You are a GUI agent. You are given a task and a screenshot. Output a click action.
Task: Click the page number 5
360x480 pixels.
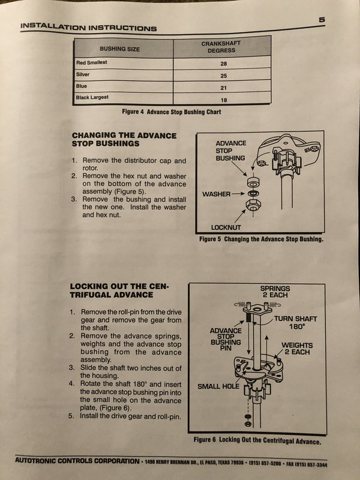(x=322, y=20)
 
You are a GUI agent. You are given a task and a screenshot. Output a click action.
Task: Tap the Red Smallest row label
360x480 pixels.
(x=92, y=62)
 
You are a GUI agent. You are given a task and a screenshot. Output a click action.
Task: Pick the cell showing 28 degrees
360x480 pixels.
(x=223, y=64)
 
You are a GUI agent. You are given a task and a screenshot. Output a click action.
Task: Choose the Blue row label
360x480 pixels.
(x=82, y=86)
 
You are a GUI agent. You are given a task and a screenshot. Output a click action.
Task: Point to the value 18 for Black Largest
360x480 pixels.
(x=223, y=99)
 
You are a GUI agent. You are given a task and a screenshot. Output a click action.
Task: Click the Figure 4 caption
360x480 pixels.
(x=171, y=112)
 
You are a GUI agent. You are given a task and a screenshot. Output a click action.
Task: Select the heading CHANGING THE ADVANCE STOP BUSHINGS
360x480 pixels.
(x=124, y=139)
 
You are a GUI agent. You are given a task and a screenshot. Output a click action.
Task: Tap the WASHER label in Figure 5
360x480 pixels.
(x=215, y=194)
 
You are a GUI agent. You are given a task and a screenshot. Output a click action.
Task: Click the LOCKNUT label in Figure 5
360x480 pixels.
(x=226, y=227)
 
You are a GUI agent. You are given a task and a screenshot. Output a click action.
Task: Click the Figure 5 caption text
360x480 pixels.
(x=261, y=239)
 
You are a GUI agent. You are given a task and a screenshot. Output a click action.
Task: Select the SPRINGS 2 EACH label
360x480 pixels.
(x=275, y=292)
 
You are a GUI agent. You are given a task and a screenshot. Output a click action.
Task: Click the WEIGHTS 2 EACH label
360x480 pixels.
(x=296, y=349)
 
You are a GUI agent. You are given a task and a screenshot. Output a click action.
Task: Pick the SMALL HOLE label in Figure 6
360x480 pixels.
(x=218, y=386)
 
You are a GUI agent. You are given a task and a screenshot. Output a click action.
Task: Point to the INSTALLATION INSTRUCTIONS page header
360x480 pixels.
(x=88, y=27)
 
